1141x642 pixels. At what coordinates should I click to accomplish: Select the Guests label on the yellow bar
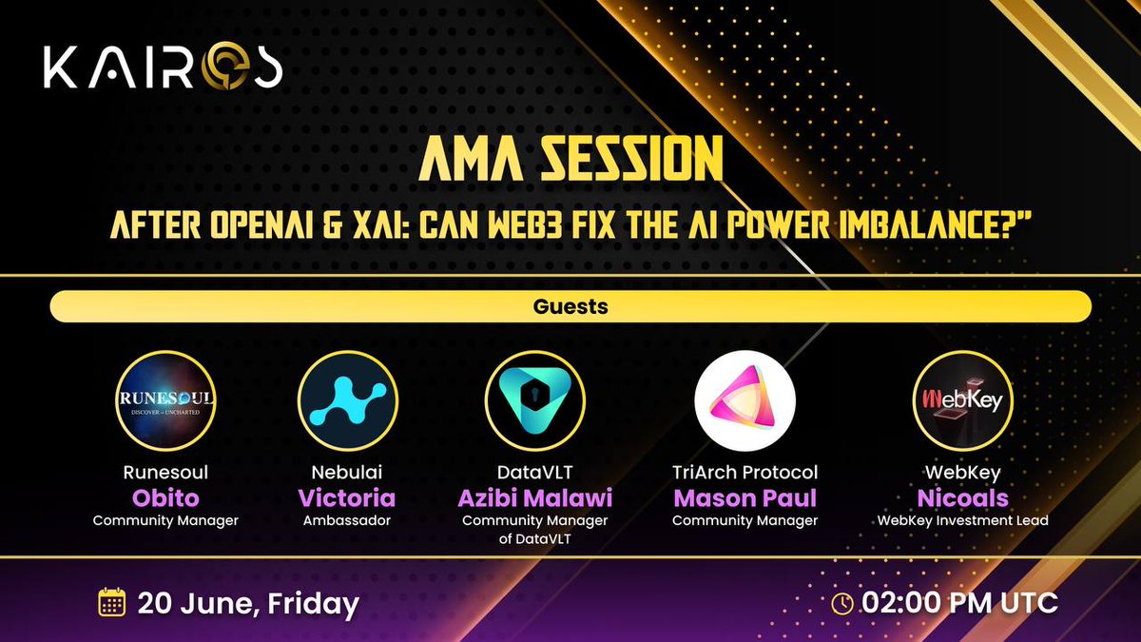pos(570,307)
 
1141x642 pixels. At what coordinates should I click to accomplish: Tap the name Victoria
pos(346,498)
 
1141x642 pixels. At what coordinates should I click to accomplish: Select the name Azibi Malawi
pos(534,498)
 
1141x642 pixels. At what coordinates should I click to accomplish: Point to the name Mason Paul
pos(745,498)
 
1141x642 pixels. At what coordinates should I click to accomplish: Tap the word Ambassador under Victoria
pos(346,520)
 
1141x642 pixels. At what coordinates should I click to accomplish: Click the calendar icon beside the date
pos(112,602)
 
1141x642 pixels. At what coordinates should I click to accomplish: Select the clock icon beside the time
pos(842,602)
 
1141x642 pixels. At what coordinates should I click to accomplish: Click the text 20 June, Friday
pos(248,603)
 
